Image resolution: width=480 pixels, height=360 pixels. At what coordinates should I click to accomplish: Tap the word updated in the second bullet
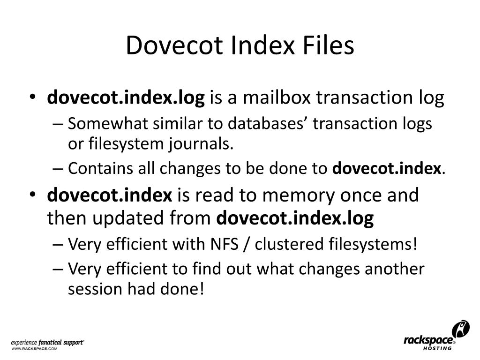pyautogui.click(x=125, y=218)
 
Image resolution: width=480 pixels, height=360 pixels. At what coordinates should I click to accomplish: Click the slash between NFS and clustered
pyautogui.click(x=246, y=244)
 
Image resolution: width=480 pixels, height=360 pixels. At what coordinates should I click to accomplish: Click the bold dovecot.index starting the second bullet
pyautogui.click(x=110, y=195)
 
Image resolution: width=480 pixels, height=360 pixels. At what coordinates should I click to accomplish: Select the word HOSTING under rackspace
pyautogui.click(x=437, y=348)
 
